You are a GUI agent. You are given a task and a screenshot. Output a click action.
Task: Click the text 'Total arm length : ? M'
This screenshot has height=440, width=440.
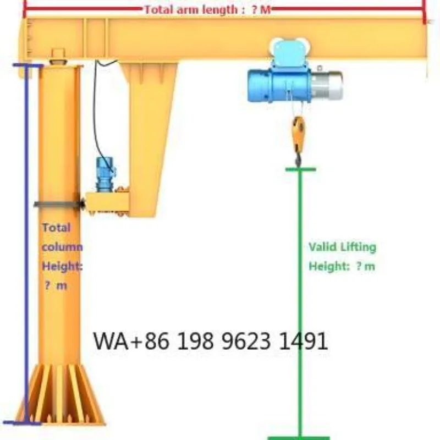[208, 10]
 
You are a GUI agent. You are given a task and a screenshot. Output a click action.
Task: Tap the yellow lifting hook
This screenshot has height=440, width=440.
[298, 140]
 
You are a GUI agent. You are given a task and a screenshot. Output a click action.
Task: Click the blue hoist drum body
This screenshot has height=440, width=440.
[279, 86]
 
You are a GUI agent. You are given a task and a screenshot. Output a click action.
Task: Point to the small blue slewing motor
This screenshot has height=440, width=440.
[105, 174]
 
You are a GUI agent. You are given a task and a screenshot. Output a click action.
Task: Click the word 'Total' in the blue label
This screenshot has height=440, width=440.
[56, 228]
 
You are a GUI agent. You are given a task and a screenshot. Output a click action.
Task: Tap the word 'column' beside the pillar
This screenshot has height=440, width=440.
[62, 247]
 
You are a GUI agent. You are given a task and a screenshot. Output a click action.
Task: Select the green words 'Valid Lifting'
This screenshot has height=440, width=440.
[342, 247]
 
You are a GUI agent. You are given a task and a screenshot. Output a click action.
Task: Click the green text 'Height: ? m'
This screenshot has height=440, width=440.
[342, 266]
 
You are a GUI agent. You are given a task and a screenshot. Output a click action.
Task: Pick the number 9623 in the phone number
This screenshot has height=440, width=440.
[246, 341]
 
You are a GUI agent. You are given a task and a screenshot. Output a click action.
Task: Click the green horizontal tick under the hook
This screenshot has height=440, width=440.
[300, 169]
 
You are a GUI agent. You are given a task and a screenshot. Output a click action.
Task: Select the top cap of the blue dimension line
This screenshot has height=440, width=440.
[28, 65]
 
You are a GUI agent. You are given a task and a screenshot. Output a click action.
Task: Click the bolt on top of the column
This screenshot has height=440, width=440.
[58, 56]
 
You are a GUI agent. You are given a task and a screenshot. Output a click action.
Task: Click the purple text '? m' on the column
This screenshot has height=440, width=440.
[56, 286]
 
